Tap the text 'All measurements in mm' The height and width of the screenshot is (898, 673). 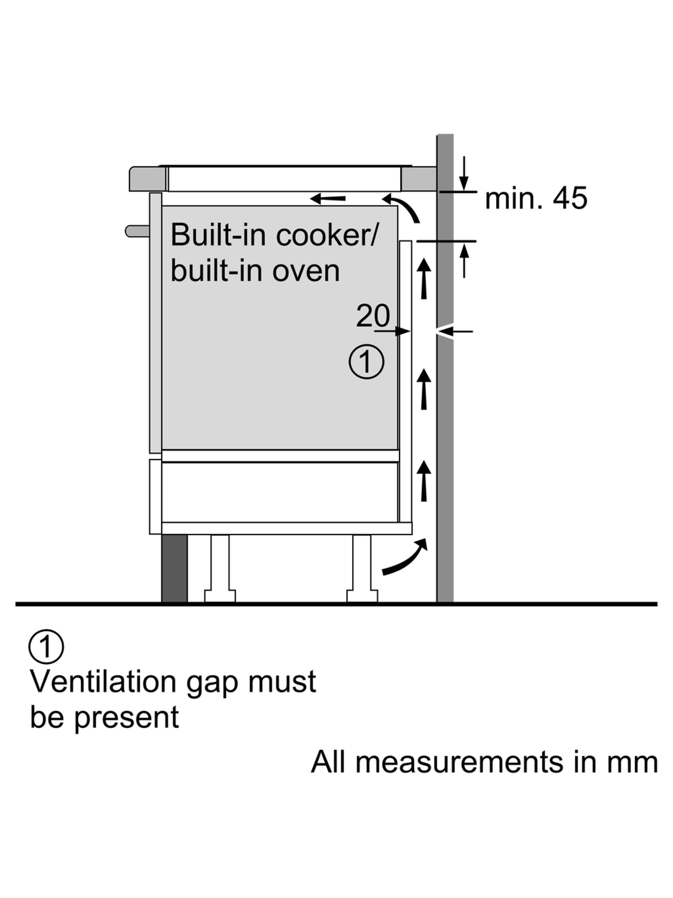pyautogui.click(x=484, y=762)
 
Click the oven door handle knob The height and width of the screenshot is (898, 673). pyautogui.click(x=137, y=231)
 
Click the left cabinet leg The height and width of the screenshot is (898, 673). pyautogui.click(x=220, y=568)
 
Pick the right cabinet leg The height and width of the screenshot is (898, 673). pyautogui.click(x=362, y=568)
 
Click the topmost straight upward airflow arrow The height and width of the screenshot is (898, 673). pyautogui.click(x=424, y=279)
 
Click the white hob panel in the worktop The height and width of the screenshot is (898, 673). pyautogui.click(x=284, y=179)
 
